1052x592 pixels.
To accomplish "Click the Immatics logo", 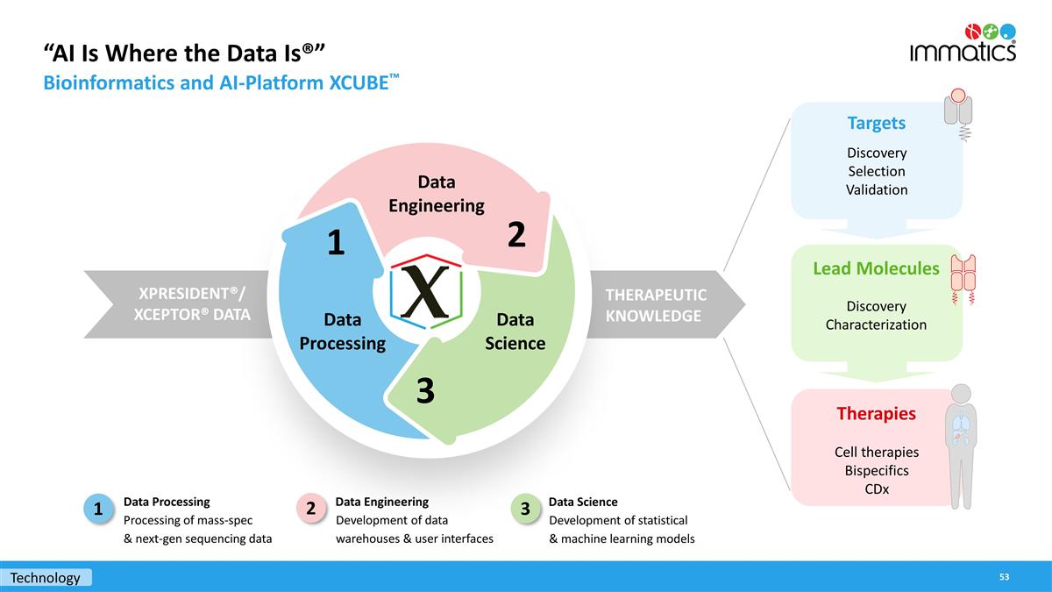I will pyautogui.click(x=963, y=42).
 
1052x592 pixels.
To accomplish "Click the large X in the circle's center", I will pyautogui.click(x=425, y=291).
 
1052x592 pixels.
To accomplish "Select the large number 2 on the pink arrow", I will pyautogui.click(x=516, y=234).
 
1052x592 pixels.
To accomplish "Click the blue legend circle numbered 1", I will pyautogui.click(x=99, y=509).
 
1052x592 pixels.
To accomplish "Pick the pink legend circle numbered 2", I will pyautogui.click(x=311, y=509).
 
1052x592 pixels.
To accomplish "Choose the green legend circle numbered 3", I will pyautogui.click(x=524, y=509).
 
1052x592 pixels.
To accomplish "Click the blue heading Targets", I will pyautogui.click(x=876, y=123).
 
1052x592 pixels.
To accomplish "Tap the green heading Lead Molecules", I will pyautogui.click(x=876, y=268).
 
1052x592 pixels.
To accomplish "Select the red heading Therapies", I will pyautogui.click(x=876, y=413).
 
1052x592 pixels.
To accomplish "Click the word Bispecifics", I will pyautogui.click(x=876, y=471).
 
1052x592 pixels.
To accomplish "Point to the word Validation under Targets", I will pyautogui.click(x=876, y=189).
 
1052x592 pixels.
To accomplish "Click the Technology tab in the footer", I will pyautogui.click(x=46, y=577).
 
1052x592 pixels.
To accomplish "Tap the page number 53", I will pyautogui.click(x=1004, y=576).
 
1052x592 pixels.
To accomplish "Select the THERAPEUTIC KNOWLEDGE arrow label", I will pyautogui.click(x=656, y=304).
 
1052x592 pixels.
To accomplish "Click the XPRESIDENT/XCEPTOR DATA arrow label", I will pyautogui.click(x=191, y=303).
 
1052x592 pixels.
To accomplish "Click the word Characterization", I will pyautogui.click(x=876, y=325).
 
